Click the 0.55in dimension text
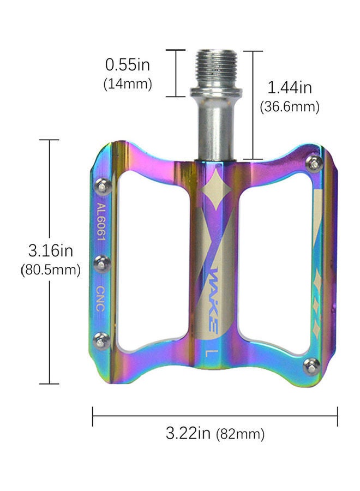(127, 65)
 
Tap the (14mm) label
(127, 85)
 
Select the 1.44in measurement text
(290, 87)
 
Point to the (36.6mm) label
(290, 106)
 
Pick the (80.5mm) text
(51, 270)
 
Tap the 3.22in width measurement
(188, 434)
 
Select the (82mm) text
(241, 435)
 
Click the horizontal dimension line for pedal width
(215, 416)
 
